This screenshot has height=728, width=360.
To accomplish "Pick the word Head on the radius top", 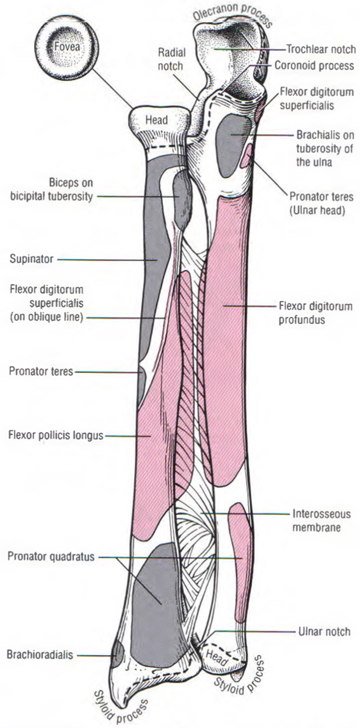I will click(156, 121).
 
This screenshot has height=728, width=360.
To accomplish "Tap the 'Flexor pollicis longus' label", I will click(56, 436).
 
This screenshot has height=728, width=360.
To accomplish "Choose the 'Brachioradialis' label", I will click(41, 654).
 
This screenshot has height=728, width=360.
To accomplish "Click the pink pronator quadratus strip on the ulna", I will click(240, 559).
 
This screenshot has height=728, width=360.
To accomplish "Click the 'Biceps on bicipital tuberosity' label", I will click(59, 189).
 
